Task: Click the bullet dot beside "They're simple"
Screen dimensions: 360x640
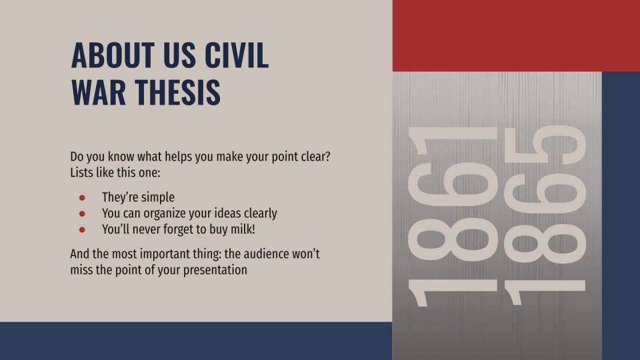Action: tap(82, 198)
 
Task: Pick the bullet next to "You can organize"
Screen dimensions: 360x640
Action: tap(82, 214)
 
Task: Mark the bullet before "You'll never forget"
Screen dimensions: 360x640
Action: tap(82, 230)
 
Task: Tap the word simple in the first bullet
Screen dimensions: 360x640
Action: tap(156, 198)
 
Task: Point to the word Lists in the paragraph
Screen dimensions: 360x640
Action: tap(82, 172)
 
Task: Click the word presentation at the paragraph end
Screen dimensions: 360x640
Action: tap(215, 270)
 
